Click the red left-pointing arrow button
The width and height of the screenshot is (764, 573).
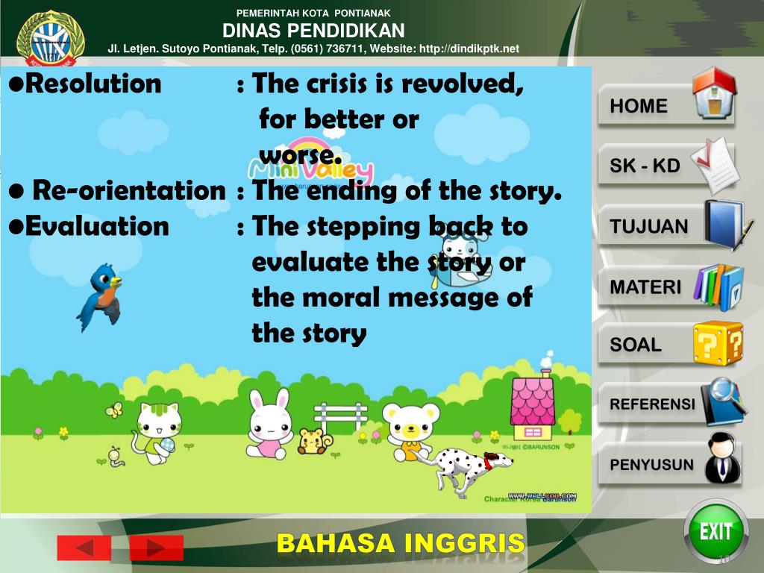pyautogui.click(x=84, y=548)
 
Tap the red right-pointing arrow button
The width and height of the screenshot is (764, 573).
pyautogui.click(x=156, y=548)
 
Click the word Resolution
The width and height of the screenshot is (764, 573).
pyautogui.click(x=93, y=84)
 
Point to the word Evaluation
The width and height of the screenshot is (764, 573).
pyautogui.click(x=97, y=225)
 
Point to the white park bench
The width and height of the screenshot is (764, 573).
pyautogui.click(x=340, y=416)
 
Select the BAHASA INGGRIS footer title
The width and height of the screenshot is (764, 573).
pyautogui.click(x=401, y=544)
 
